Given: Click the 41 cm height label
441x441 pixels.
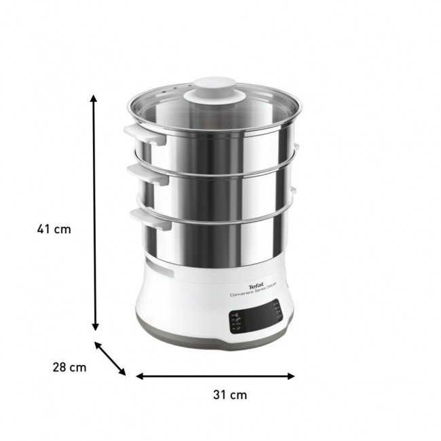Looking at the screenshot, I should pos(54,229).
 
